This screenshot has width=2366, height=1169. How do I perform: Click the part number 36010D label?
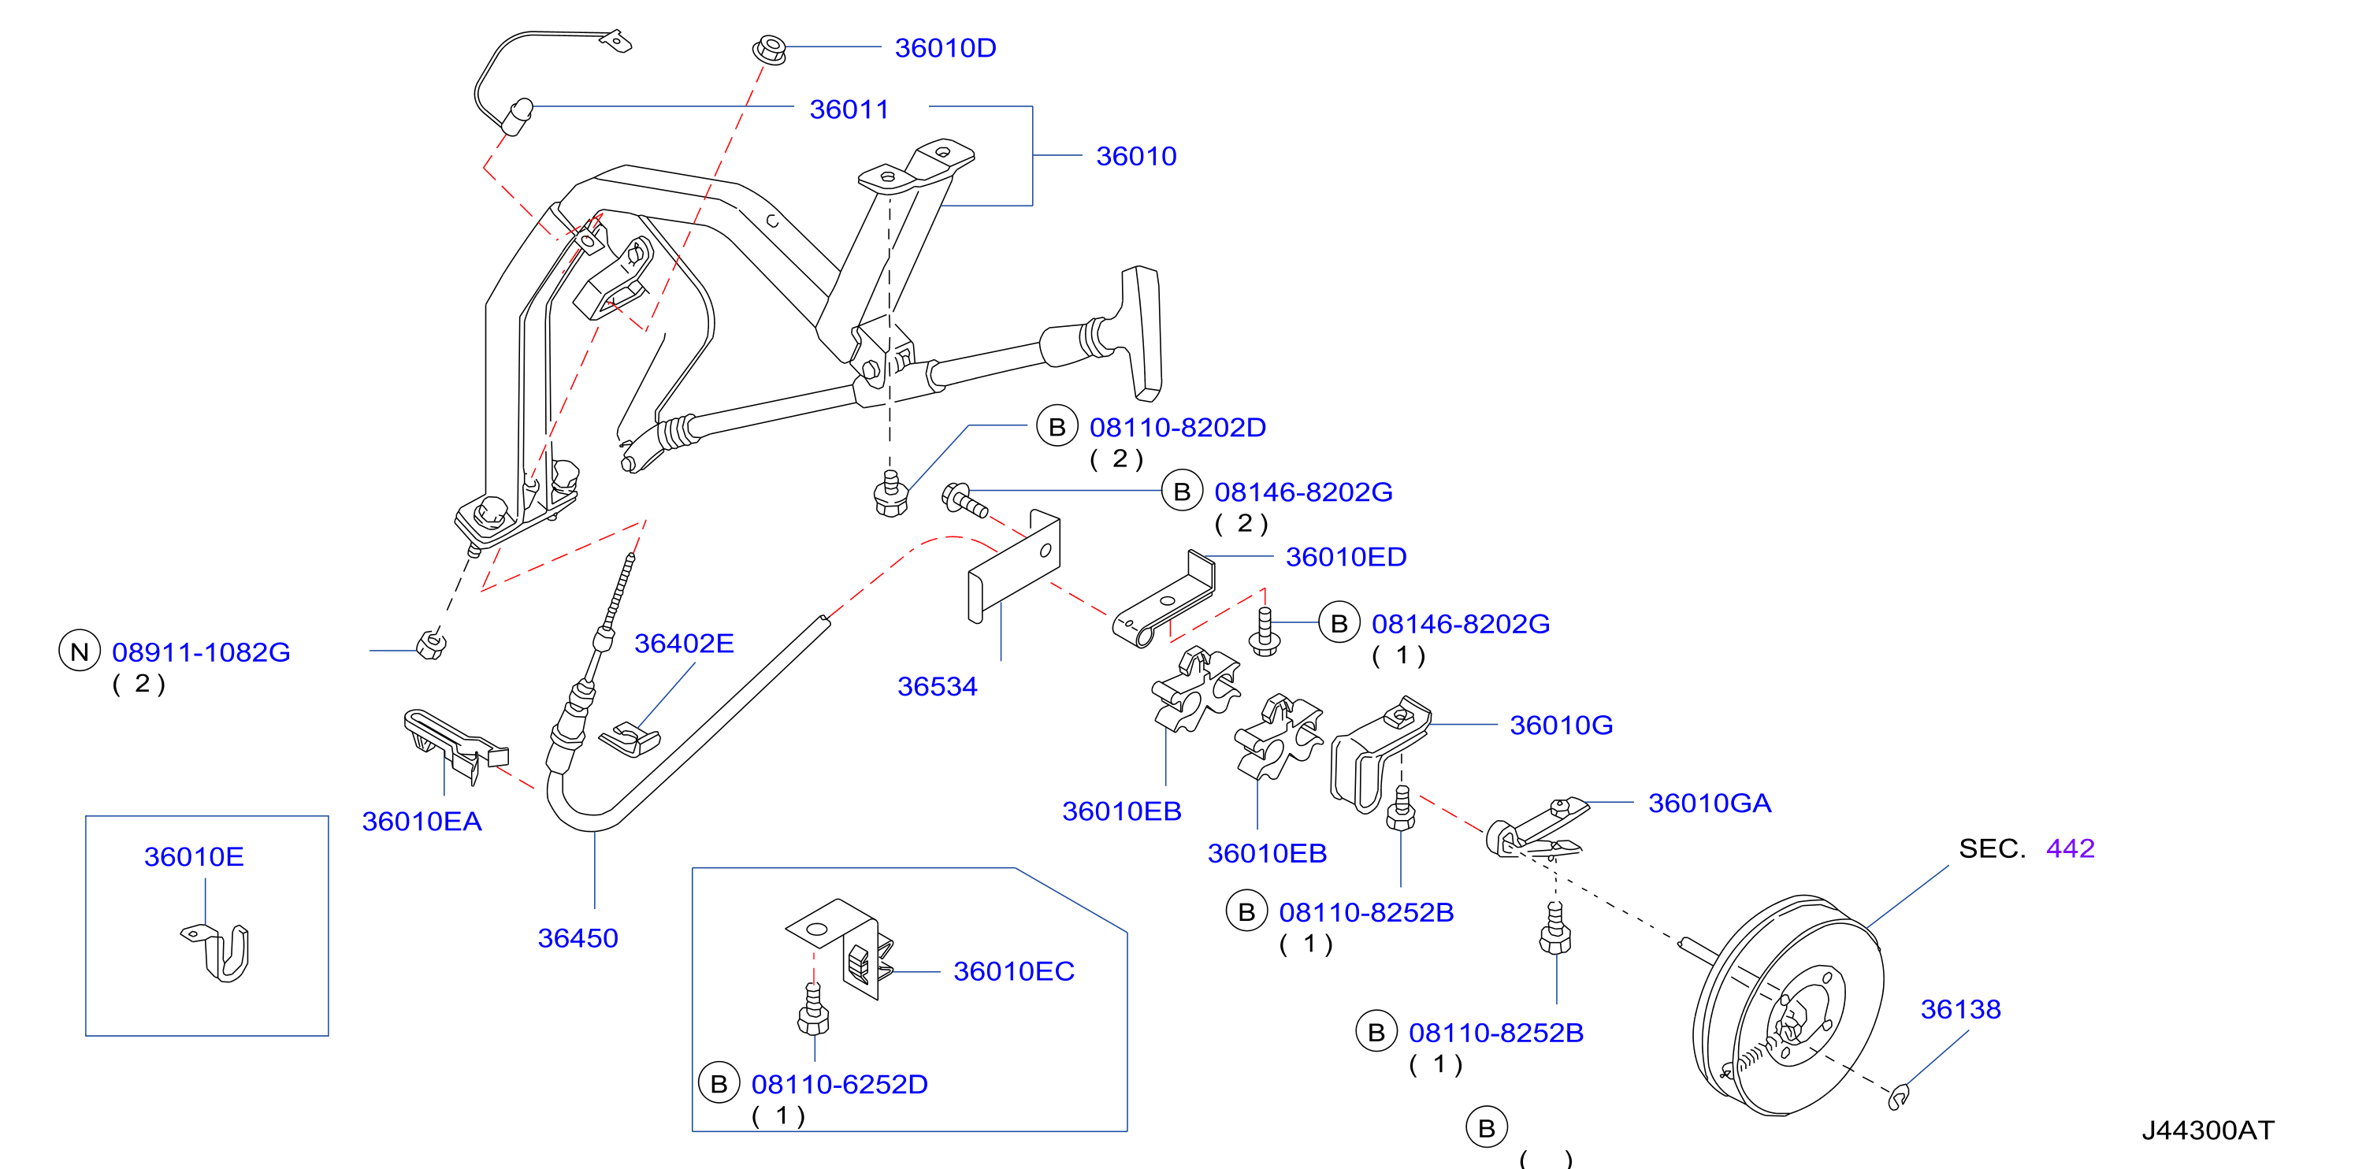[945, 48]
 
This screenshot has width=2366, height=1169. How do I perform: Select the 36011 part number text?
[849, 109]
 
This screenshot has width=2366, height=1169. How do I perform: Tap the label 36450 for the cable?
[578, 937]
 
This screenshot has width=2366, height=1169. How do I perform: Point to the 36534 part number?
[937, 686]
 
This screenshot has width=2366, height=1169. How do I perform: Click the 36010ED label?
[1346, 556]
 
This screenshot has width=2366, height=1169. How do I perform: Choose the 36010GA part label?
[1709, 803]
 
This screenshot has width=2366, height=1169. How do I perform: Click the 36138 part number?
[1960, 1009]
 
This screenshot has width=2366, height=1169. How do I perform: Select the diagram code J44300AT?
[2207, 1130]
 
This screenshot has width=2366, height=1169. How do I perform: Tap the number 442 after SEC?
[2071, 848]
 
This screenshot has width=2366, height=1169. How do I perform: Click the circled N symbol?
[80, 651]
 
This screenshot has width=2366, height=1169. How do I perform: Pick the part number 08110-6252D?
[840, 1084]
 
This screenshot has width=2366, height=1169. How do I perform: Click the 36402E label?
[683, 643]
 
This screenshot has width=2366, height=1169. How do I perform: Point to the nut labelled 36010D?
[770, 49]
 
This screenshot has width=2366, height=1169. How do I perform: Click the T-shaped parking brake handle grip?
[1142, 332]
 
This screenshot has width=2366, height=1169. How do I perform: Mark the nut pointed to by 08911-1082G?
[431, 644]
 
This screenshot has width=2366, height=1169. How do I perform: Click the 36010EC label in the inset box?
[1013, 970]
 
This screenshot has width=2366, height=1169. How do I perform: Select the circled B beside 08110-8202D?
[1057, 426]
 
